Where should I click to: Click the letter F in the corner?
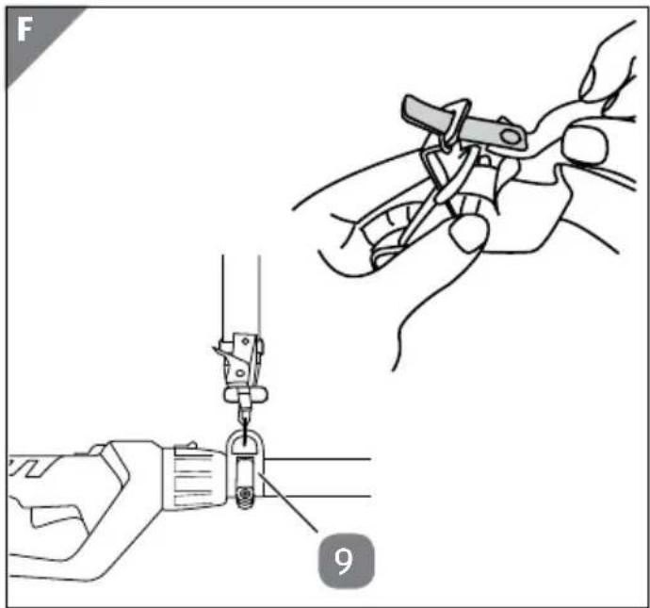click(x=24, y=30)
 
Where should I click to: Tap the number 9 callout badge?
click(x=346, y=561)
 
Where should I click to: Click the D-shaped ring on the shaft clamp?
click(x=245, y=443)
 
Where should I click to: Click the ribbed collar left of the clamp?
click(x=194, y=477)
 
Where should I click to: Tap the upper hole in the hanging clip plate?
click(x=246, y=341)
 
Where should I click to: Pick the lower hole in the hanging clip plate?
click(x=240, y=373)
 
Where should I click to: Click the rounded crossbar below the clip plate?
click(x=245, y=395)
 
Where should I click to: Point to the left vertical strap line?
click(x=223, y=299)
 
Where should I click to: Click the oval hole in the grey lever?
click(x=512, y=137)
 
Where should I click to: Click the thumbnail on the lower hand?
click(x=468, y=232)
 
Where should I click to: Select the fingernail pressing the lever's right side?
click(x=585, y=145)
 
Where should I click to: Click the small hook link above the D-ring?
click(x=245, y=416)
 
